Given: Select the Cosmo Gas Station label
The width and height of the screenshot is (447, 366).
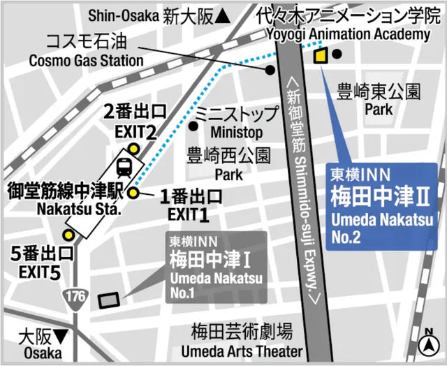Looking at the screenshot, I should [x=86, y=60].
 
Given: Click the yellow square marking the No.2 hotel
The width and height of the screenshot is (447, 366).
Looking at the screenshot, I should [x=321, y=57].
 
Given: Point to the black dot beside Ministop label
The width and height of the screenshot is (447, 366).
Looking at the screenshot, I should [x=193, y=126].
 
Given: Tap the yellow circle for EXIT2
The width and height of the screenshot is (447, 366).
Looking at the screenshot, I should [x=133, y=147].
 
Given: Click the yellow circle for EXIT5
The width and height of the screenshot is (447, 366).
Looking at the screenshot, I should [x=68, y=235].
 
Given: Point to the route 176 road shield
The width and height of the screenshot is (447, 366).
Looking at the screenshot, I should [x=75, y=296].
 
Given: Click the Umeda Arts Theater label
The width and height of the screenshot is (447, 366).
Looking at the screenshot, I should [x=242, y=351].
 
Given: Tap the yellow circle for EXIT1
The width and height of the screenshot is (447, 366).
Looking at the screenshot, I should [x=132, y=193].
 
